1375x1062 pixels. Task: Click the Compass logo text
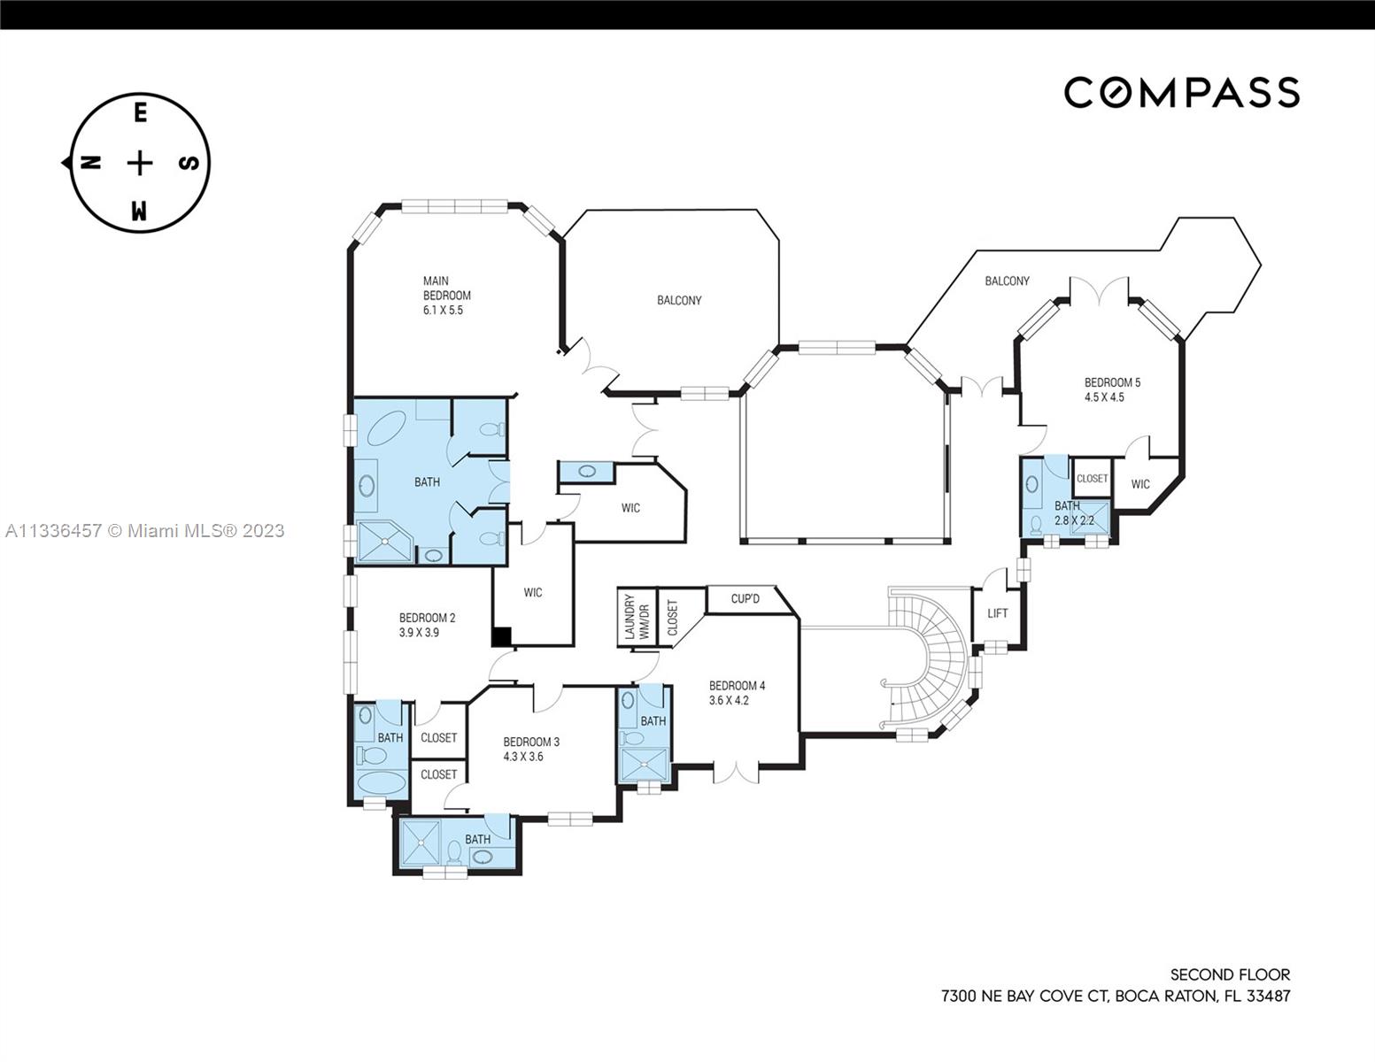click(x=1181, y=92)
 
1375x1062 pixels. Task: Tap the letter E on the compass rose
click(x=140, y=113)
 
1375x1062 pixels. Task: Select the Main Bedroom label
click(x=446, y=288)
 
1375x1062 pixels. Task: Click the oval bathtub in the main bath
click(x=387, y=432)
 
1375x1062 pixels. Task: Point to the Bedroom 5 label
click(x=1112, y=382)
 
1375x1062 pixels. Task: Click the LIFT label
click(x=997, y=613)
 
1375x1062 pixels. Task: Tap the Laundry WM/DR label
click(x=636, y=617)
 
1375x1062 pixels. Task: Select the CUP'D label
click(x=745, y=599)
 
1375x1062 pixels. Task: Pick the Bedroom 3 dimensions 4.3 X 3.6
click(x=522, y=757)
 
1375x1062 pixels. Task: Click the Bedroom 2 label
click(x=427, y=618)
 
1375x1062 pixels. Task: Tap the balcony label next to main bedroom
click(x=679, y=300)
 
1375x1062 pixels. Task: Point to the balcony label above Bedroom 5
click(x=1007, y=281)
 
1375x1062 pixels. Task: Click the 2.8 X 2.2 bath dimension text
click(x=1073, y=520)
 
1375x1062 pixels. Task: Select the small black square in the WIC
click(x=501, y=635)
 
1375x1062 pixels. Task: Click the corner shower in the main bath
click(x=383, y=541)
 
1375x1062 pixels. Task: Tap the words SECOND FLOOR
click(x=1230, y=974)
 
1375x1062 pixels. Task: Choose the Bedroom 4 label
click(x=737, y=685)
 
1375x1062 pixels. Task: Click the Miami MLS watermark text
click(x=144, y=530)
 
